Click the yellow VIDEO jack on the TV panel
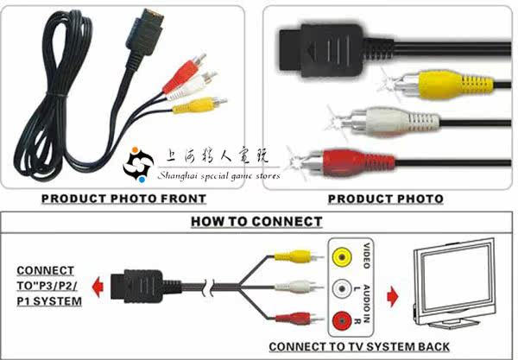pos(342,256)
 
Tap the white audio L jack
pos(342,289)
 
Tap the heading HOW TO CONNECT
pos(256,221)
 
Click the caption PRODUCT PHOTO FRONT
pos(123,199)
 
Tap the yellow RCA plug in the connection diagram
pos(294,256)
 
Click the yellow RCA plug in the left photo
pos(194,105)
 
